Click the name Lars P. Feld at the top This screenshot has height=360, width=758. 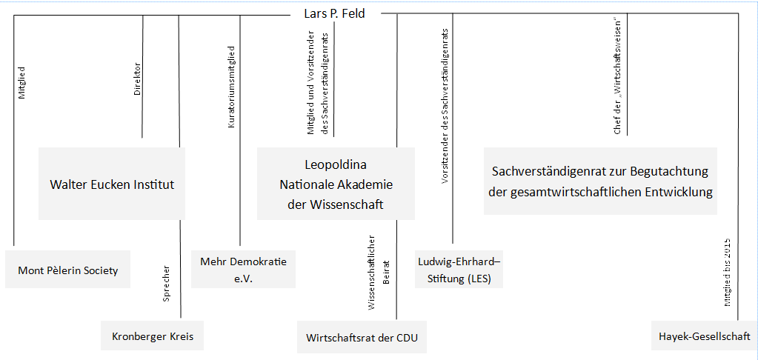(334, 13)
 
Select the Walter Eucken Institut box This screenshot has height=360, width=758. (112, 184)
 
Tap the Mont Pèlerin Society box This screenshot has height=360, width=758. (67, 269)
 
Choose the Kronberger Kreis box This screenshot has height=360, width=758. (153, 336)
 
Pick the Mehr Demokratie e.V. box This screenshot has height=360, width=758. (243, 269)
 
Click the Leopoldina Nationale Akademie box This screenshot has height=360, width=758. (336, 184)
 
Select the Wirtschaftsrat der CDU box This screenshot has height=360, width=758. (362, 337)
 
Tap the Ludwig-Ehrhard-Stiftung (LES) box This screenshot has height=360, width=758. (459, 269)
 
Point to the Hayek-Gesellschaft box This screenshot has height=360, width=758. (705, 336)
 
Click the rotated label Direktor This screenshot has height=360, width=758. (137, 79)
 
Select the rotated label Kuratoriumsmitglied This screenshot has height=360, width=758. (232, 87)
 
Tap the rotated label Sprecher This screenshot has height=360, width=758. (166, 284)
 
